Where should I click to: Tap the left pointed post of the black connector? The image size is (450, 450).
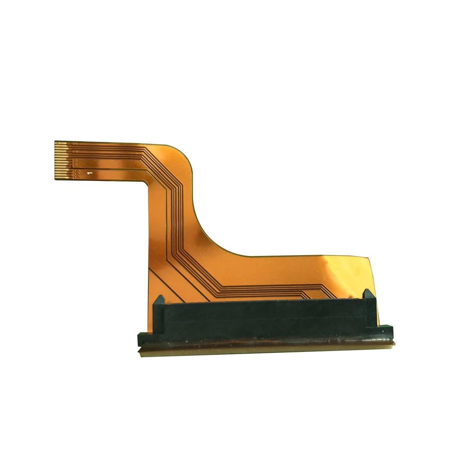tap(160, 300)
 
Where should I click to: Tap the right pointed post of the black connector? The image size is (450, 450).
tap(368, 294)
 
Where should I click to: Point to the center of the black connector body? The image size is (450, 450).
tap(265, 319)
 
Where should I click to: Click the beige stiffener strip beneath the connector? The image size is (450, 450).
tap(265, 350)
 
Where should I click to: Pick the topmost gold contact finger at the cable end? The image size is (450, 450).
tap(61, 142)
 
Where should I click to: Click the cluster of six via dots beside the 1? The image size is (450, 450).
tap(76, 174)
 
